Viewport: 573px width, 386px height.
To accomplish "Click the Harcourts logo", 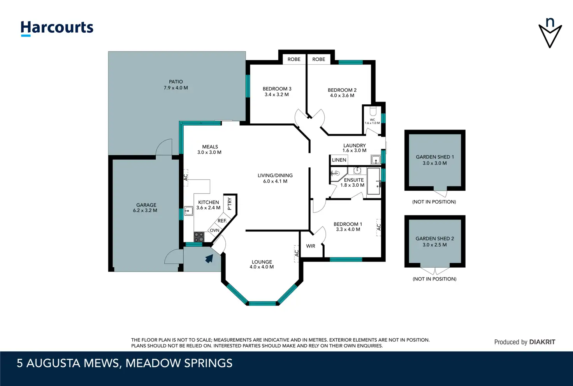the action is tap(57, 28).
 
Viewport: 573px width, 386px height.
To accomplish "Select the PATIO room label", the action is tap(176, 82).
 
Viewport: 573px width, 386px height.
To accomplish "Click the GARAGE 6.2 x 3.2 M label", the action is tap(145, 207).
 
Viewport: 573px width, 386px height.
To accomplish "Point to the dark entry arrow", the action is tap(209, 258).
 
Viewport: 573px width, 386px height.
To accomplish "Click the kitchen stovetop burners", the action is tap(199, 237).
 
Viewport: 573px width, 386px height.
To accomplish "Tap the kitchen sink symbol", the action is tap(188, 211).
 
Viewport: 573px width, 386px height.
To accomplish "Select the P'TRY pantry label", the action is tap(229, 204).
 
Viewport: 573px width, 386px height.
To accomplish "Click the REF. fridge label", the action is tap(222, 221).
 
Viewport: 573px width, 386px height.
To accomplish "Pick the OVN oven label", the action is tap(214, 230).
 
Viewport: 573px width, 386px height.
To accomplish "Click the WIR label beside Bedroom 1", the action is tap(311, 246).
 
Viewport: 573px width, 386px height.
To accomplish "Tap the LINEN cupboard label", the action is tap(339, 160).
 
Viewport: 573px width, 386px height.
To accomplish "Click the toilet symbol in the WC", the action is tap(373, 111).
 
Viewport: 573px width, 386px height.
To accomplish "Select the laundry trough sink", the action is tap(376, 160).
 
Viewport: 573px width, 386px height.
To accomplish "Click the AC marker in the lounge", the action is tap(297, 253).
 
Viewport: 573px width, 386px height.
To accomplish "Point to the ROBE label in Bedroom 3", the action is tap(294, 59).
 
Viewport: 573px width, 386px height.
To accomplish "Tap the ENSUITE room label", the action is tap(354, 180).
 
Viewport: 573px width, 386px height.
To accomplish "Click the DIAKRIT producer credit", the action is tap(542, 342).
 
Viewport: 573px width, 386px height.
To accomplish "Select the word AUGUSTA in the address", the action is tap(53, 363).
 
